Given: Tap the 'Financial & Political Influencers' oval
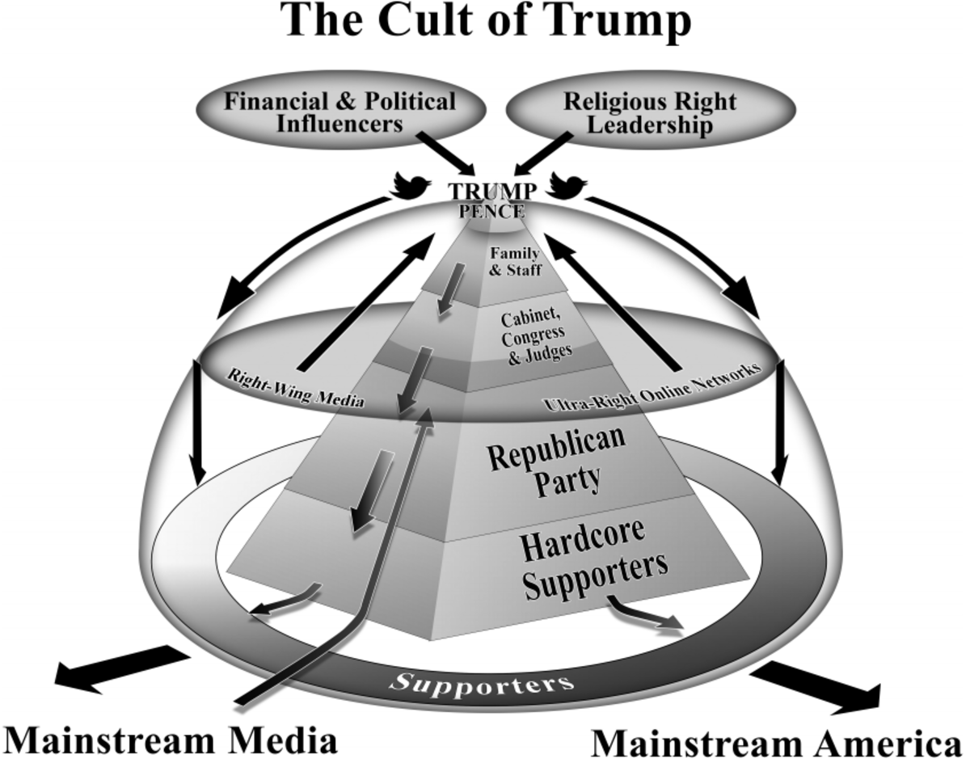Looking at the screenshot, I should point(339,113).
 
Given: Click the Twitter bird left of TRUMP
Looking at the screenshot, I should point(411,185).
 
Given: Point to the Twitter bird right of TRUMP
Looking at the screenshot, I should point(567,185).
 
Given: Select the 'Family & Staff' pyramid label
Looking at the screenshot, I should point(515,261).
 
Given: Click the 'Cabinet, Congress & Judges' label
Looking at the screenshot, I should point(533,331).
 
